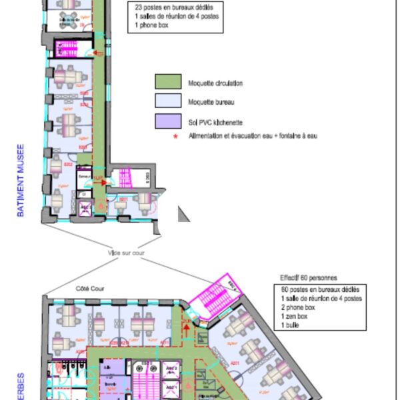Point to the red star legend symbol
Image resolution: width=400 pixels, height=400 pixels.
(x=176, y=136)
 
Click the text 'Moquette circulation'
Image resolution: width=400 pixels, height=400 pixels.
(x=215, y=83)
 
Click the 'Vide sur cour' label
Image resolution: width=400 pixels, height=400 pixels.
(x=127, y=253)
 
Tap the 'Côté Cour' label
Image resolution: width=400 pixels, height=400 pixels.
(x=81, y=289)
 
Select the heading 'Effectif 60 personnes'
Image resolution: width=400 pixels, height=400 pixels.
(x=310, y=277)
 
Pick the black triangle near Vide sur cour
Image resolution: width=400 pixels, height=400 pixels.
(x=182, y=213)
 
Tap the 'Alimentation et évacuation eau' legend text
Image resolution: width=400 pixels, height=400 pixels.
(x=253, y=136)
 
